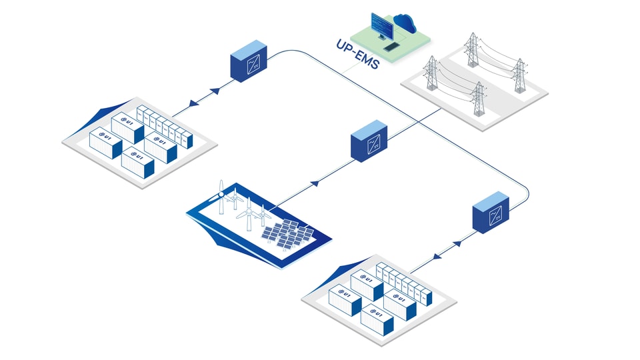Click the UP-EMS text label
(358, 54)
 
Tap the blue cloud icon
(405, 23)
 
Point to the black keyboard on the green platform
(391, 47)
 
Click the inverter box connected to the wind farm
(369, 141)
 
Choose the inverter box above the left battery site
(249, 61)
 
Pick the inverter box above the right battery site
(491, 212)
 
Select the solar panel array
(288, 234)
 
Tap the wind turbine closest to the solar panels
(263, 215)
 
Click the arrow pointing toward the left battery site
(194, 104)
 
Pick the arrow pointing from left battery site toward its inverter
(215, 91)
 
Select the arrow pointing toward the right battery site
(437, 256)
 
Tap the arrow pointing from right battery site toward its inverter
(457, 244)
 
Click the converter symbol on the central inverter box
(374, 144)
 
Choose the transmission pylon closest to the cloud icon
(472, 49)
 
